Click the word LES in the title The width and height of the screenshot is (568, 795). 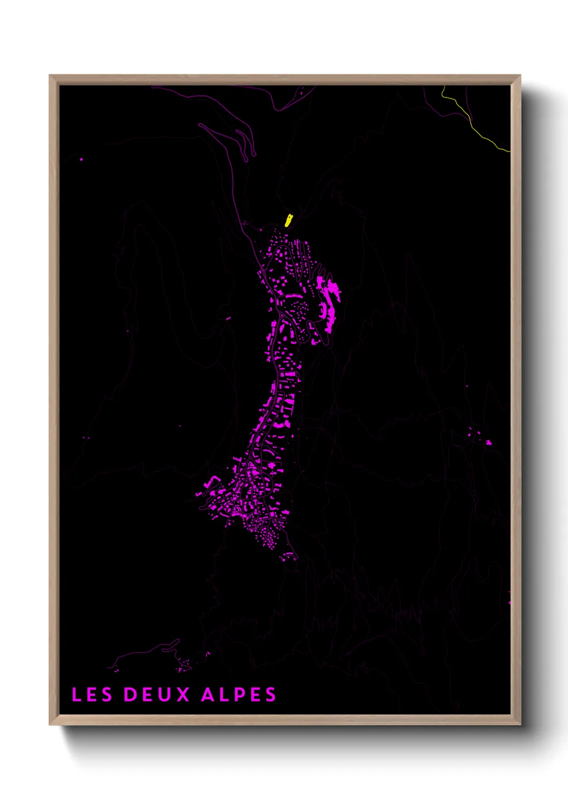click(x=92, y=695)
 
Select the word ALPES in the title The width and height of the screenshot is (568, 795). click(x=239, y=695)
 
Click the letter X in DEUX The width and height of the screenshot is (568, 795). click(x=183, y=695)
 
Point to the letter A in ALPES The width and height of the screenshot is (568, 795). click(x=208, y=695)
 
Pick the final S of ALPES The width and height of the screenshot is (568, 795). click(x=271, y=695)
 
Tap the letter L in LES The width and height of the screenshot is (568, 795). click(x=76, y=695)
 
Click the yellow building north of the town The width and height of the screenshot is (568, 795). click(x=288, y=220)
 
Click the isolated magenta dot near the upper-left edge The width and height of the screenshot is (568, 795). click(x=82, y=159)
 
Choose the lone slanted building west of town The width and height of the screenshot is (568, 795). click(x=228, y=319)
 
